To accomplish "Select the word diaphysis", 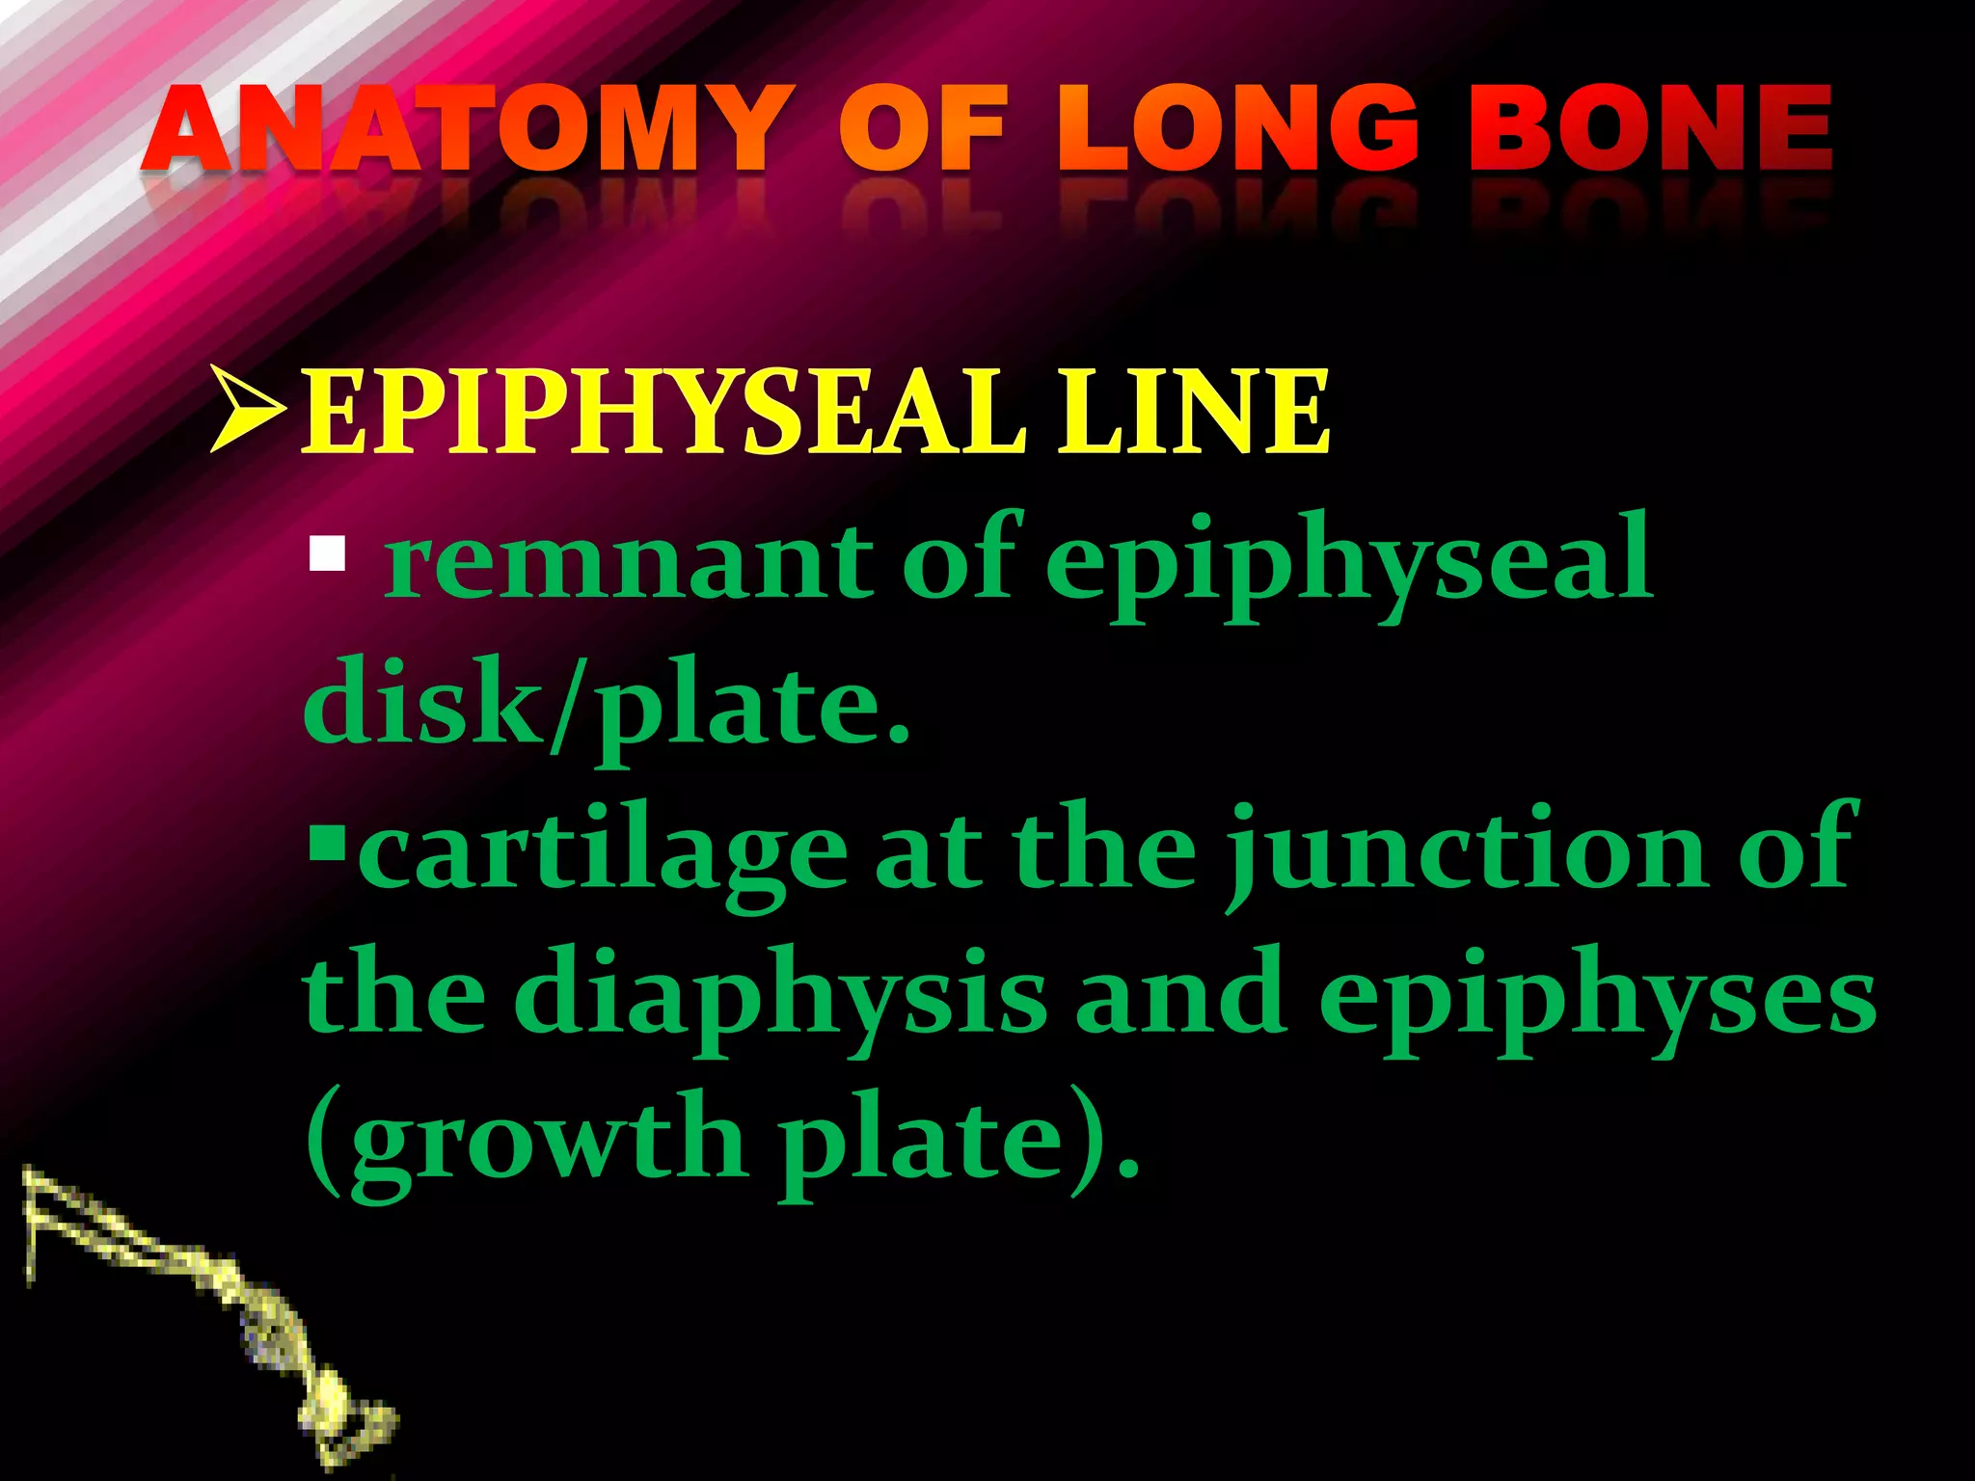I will [x=780, y=998].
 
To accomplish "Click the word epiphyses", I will [x=1596, y=998].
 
